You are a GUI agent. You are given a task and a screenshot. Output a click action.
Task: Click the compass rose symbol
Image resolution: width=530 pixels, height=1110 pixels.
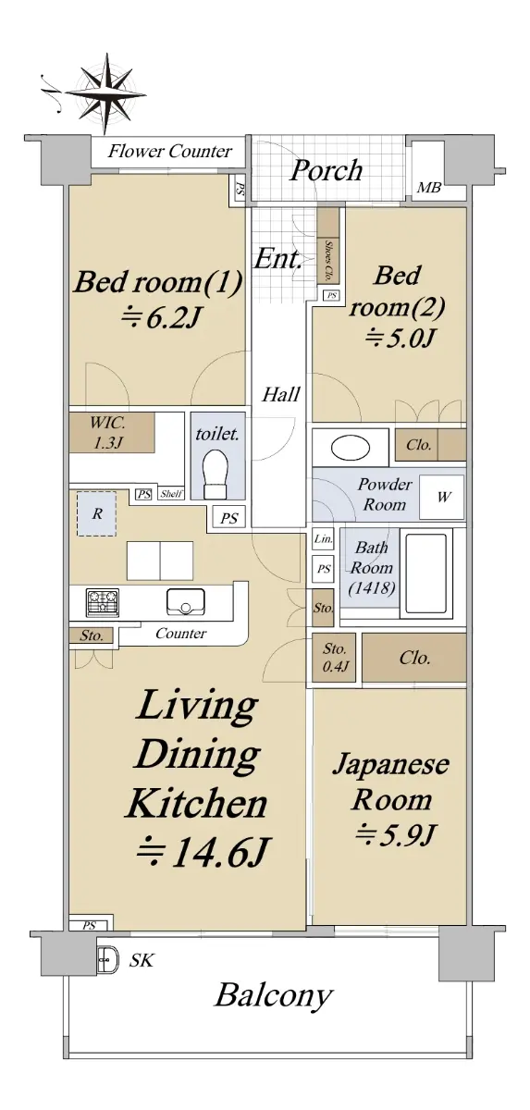[105, 93]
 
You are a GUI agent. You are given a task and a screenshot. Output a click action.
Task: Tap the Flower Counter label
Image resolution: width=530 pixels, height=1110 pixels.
[170, 151]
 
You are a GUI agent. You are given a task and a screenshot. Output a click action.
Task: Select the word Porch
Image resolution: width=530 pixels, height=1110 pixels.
[327, 171]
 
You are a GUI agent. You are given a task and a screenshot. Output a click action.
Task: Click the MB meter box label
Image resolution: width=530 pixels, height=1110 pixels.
[428, 188]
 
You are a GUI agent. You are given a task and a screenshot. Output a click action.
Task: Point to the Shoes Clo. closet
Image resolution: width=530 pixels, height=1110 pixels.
[328, 246]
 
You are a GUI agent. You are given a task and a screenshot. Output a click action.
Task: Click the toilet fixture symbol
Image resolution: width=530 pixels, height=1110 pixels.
[215, 473]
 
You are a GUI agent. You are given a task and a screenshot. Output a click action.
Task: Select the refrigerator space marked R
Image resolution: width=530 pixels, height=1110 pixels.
[96, 513]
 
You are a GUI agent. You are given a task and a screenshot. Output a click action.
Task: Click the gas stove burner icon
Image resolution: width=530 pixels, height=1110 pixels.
[103, 602]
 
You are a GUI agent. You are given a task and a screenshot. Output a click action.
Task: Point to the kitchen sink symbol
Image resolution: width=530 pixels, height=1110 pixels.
[186, 601]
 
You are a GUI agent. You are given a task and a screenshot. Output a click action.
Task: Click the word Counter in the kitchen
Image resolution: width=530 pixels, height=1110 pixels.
[180, 633]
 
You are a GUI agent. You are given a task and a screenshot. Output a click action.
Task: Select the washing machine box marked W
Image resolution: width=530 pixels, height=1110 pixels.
[442, 497]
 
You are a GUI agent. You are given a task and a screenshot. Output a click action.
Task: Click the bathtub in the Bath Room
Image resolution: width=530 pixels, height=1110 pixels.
[426, 573]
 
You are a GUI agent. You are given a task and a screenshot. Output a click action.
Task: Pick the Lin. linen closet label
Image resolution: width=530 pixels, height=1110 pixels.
[323, 538]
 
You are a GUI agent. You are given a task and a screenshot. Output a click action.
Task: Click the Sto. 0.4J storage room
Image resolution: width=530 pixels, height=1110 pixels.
[334, 657]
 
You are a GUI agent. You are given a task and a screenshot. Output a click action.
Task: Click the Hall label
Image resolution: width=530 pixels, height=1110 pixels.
[281, 394]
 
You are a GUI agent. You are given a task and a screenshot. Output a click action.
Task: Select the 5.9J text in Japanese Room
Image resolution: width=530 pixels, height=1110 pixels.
[395, 835]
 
